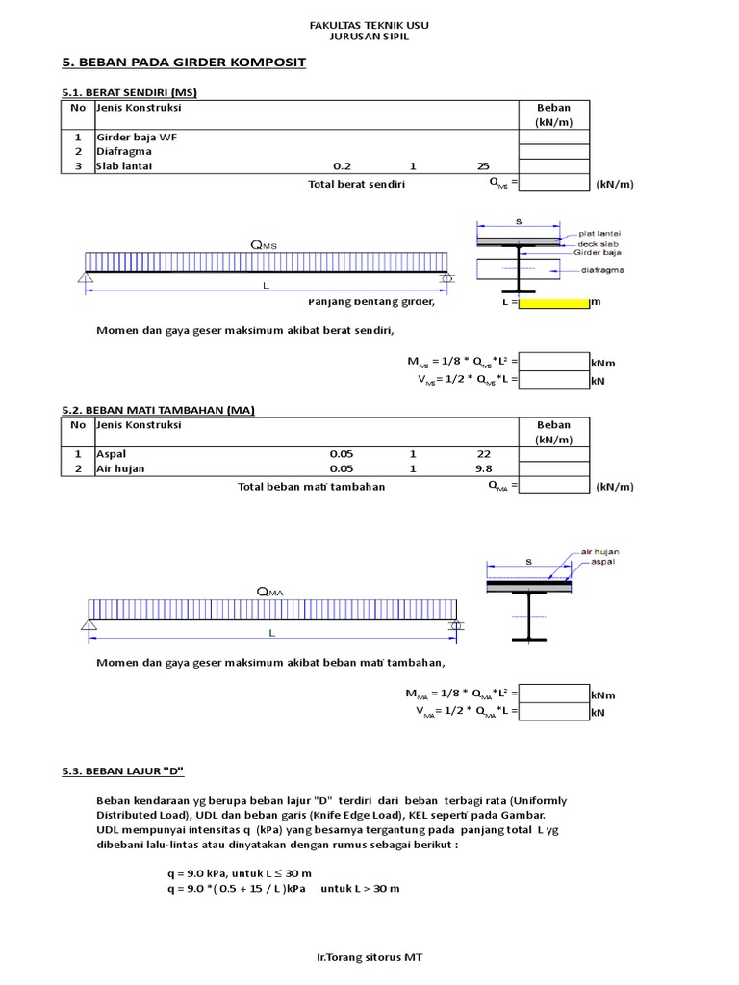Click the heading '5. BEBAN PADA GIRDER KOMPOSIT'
coord(184,63)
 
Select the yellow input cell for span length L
coord(553,302)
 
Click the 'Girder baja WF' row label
coord(137,137)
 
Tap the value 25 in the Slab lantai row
coord(483,166)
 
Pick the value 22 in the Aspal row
coord(483,454)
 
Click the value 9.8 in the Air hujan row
coord(483,469)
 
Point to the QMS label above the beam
coord(263,246)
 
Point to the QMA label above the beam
coord(269,592)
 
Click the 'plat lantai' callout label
coord(599,233)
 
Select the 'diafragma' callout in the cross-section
coord(603,270)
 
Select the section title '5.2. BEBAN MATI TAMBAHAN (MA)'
coord(158,410)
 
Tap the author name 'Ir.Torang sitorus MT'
coord(369,958)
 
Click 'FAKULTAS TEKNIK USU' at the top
coord(369,23)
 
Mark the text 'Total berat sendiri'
coord(356,184)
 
